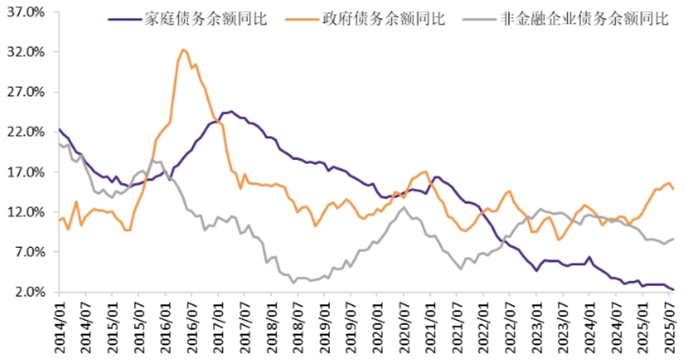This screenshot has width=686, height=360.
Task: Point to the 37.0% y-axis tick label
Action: tap(26, 12)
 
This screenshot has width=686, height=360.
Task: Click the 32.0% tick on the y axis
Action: tap(26, 52)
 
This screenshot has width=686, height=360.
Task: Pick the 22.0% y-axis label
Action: tap(26, 132)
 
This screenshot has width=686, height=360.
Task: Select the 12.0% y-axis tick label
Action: tap(26, 212)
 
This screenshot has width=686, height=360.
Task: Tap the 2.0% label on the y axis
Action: tap(28, 292)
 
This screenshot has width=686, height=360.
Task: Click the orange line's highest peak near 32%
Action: tap(183, 49)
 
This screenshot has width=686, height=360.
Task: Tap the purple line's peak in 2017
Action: tap(231, 111)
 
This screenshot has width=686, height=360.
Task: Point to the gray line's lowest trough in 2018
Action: tap(293, 282)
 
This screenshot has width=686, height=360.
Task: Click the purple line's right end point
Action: tap(673, 290)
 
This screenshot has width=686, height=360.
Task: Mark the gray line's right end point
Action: tap(673, 239)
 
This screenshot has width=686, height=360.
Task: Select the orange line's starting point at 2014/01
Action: tap(59, 220)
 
